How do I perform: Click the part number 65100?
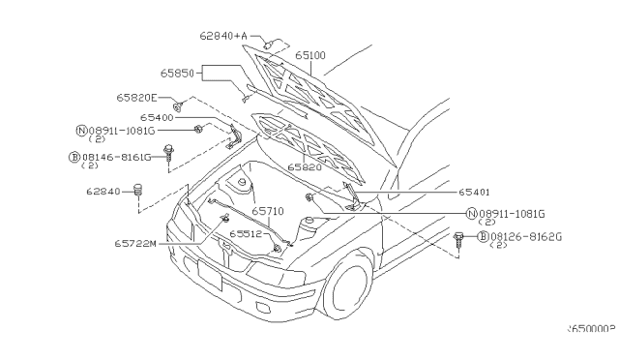[310, 57]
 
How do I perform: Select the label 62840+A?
[223, 37]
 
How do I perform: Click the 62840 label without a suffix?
[102, 192]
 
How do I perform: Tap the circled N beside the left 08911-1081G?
[81, 130]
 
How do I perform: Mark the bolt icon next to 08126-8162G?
[458, 236]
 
